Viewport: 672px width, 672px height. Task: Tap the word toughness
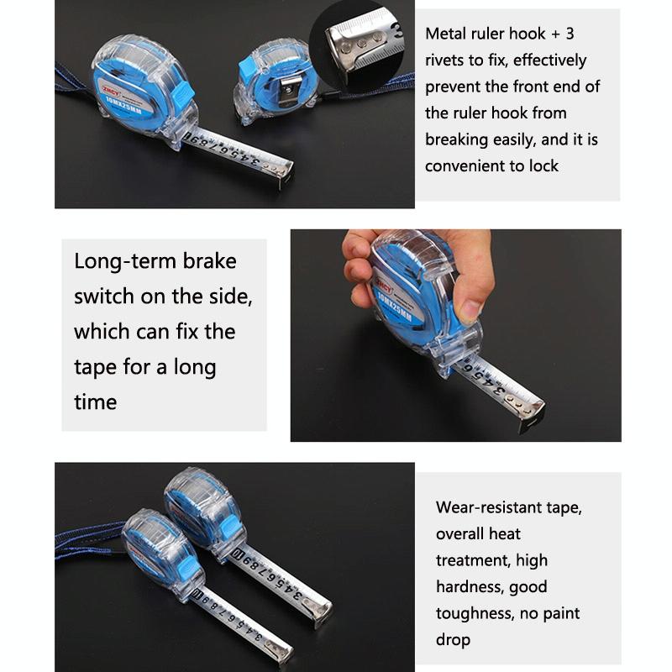pyautogui.click(x=472, y=613)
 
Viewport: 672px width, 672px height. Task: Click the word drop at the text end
pyautogui.click(x=453, y=640)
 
